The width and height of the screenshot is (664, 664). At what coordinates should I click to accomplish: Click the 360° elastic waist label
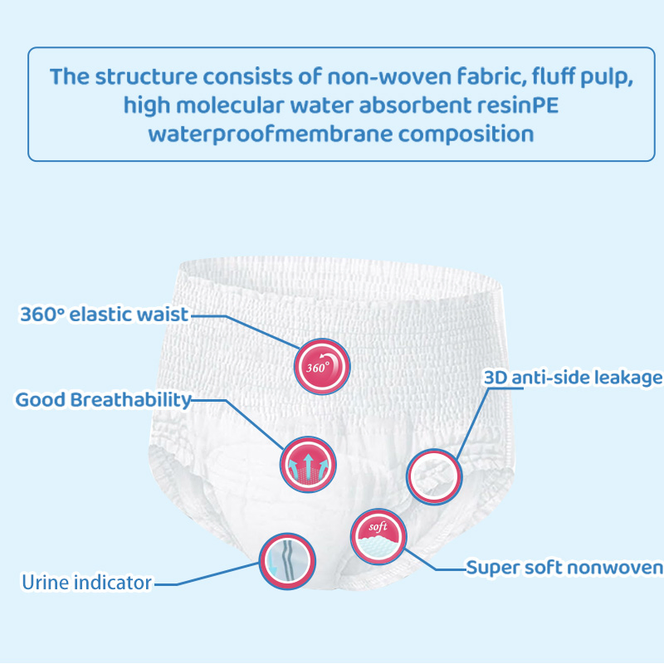point(105,315)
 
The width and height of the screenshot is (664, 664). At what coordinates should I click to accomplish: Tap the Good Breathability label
point(103,400)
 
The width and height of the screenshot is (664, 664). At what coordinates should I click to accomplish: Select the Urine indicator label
point(86,583)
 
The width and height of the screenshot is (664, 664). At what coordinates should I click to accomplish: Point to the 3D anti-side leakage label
point(574,378)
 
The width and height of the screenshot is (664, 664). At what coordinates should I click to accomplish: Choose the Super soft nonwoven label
point(564,568)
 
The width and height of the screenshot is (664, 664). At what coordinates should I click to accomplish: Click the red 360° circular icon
point(322,366)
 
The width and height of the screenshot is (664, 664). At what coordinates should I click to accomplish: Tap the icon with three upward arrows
point(308,464)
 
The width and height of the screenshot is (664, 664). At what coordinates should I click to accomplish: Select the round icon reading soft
point(378,536)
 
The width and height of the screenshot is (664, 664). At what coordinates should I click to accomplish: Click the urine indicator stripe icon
point(287,561)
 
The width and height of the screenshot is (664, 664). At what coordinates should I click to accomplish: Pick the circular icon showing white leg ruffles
point(434,476)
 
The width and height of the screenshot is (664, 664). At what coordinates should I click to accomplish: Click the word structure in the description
point(146,76)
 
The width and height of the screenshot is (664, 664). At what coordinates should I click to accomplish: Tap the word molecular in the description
point(230,105)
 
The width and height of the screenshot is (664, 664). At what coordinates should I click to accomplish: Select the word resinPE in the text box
point(518,105)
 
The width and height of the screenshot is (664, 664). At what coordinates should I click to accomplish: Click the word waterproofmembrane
point(271,134)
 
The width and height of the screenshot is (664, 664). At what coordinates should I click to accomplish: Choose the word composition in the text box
point(466,134)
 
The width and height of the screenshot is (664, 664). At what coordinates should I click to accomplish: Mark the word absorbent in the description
point(415,105)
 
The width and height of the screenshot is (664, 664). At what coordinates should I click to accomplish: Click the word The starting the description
point(70,76)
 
